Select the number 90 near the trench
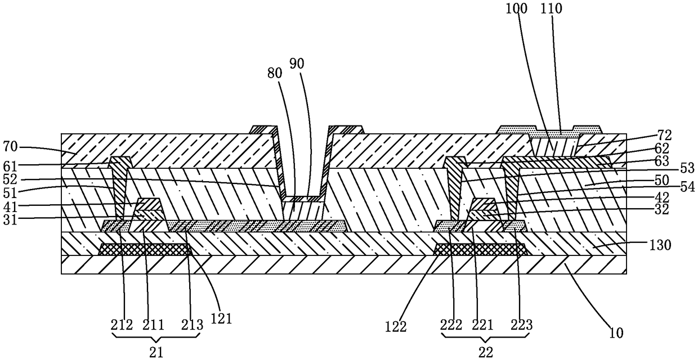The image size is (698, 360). (x=297, y=64)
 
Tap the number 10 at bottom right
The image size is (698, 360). (x=616, y=332)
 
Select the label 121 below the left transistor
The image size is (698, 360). (x=221, y=318)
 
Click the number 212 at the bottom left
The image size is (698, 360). (x=122, y=325)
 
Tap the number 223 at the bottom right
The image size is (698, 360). (x=521, y=325)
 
